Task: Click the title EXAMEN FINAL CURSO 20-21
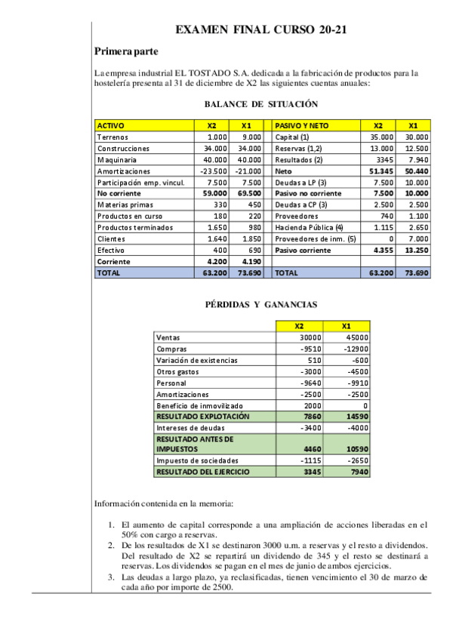click(261, 30)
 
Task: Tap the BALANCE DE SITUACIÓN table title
click(261, 104)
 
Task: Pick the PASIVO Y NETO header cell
click(301, 125)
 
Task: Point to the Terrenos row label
click(112, 137)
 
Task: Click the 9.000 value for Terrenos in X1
click(251, 137)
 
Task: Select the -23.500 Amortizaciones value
click(214, 171)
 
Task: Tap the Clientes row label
click(111, 238)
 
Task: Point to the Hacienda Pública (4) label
click(309, 227)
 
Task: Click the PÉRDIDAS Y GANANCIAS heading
click(261, 304)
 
